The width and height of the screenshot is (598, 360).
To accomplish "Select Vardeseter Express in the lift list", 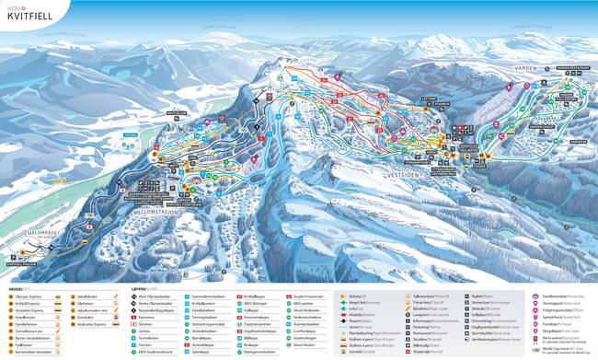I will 106,325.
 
